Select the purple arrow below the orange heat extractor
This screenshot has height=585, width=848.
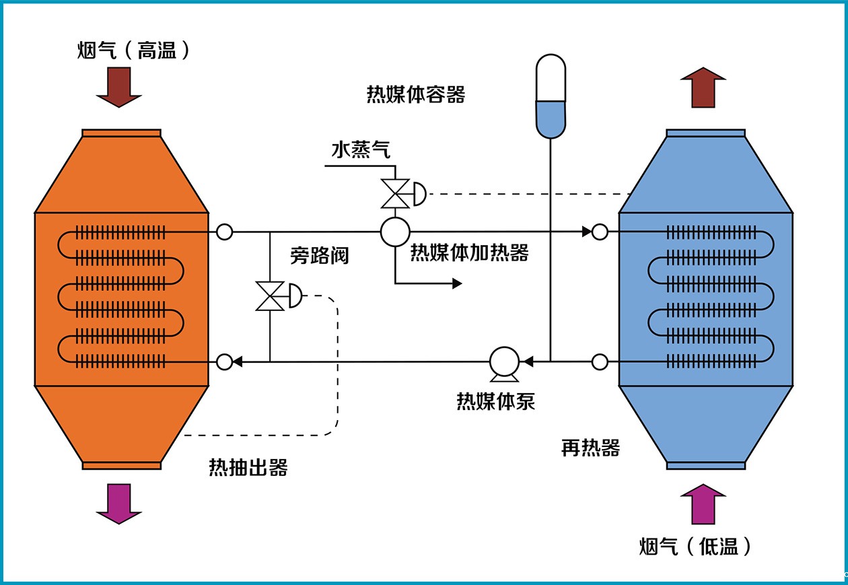[x=119, y=503]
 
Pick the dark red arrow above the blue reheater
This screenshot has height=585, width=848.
[x=703, y=87]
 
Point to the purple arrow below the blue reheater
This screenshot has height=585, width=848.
[x=703, y=504]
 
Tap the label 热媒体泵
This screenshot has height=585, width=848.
[x=496, y=401]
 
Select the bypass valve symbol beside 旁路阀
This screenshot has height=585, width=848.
[x=270, y=296]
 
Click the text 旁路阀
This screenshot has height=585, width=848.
[x=320, y=255]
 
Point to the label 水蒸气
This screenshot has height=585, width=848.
[x=361, y=150]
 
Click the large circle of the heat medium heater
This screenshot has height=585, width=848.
[x=395, y=232]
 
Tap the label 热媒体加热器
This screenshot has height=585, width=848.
[x=470, y=252]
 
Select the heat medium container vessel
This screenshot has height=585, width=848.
[x=551, y=96]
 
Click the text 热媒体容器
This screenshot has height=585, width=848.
[x=415, y=94]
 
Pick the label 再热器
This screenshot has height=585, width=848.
[x=590, y=448]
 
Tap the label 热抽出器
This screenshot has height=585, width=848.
[x=248, y=467]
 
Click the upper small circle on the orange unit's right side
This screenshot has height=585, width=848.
[x=225, y=232]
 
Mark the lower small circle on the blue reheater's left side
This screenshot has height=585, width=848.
[x=600, y=362]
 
